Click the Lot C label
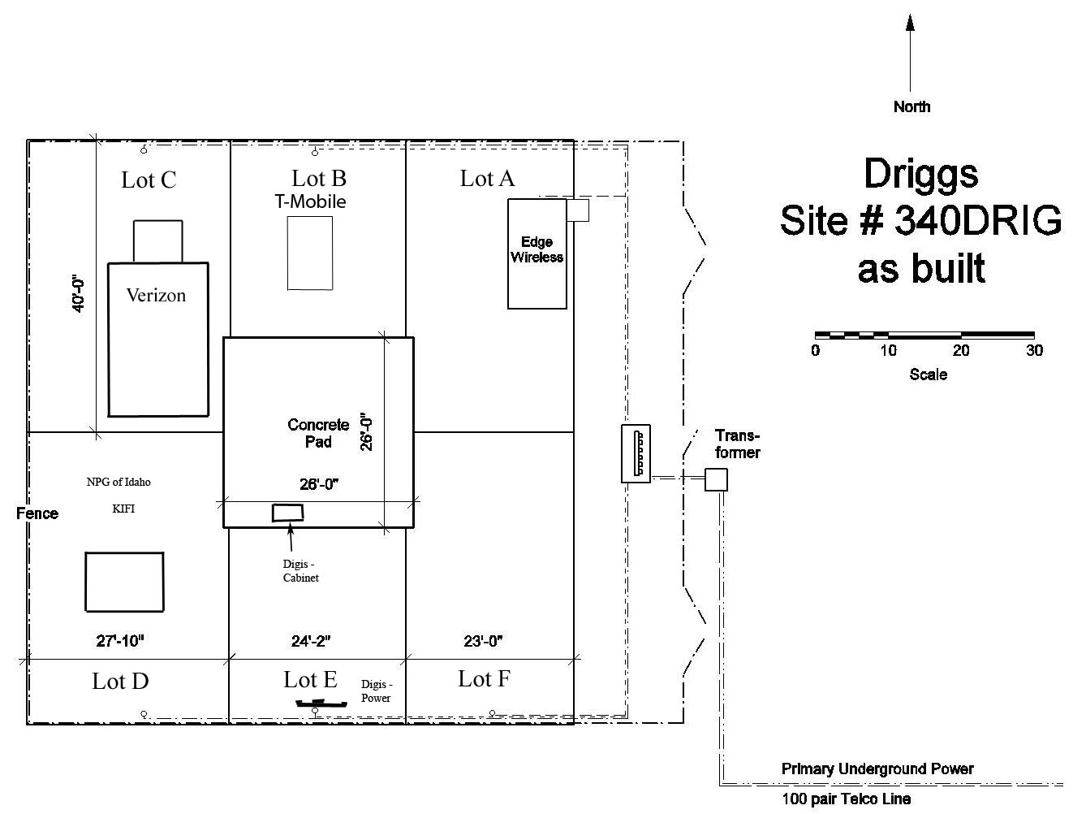click(149, 180)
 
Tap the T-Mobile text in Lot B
click(310, 201)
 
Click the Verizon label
click(156, 296)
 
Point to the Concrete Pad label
click(318, 433)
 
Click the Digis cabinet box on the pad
click(287, 512)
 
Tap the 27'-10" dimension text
click(120, 641)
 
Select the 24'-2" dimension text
click(311, 641)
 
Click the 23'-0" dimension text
click(483, 641)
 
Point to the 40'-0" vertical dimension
click(79, 294)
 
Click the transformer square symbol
click(716, 479)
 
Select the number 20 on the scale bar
click(961, 351)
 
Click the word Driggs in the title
click(920, 174)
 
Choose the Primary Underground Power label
click(877, 769)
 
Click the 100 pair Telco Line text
click(846, 799)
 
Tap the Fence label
click(37, 513)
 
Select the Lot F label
click(484, 679)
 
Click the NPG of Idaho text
click(119, 482)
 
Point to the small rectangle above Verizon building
click(157, 240)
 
